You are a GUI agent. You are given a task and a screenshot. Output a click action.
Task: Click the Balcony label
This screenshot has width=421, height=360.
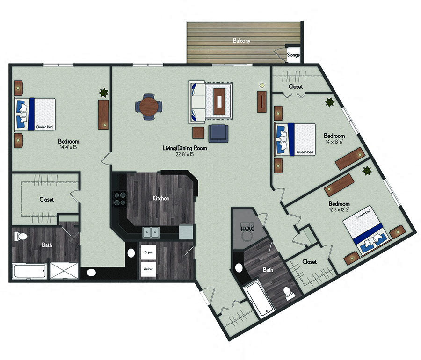tap(242, 41)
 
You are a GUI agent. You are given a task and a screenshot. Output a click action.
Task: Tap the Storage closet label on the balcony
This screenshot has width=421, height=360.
tap(293, 55)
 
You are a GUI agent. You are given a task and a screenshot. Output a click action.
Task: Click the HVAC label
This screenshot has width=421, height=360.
tap(247, 229)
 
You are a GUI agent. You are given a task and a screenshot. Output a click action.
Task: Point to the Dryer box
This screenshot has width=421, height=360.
tap(148, 252)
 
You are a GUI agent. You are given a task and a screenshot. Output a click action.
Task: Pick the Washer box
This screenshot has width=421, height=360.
tap(148, 269)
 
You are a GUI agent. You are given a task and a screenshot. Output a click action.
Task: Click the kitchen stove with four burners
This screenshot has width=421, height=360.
tap(119, 199)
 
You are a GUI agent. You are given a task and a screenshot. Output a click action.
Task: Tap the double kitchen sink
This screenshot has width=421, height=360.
tap(151, 231)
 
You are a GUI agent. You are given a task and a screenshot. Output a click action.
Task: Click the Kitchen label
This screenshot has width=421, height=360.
tap(161, 198)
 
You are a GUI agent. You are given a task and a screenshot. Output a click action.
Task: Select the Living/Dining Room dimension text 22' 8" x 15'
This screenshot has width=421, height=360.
tap(184, 154)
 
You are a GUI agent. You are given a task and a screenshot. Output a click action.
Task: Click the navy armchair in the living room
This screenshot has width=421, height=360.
tap(218, 133)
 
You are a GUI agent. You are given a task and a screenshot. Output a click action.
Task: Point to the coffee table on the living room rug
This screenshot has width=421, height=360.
tap(219, 101)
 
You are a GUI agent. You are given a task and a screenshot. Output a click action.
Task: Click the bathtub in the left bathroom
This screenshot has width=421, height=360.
tap(29, 271)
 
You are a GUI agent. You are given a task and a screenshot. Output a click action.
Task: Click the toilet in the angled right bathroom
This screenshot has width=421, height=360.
tap(288, 294)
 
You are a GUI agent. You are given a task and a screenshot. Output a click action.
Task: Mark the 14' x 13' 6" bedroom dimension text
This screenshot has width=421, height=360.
tap(334, 144)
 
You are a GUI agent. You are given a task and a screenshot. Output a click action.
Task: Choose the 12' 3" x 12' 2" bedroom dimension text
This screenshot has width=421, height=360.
tap(339, 211)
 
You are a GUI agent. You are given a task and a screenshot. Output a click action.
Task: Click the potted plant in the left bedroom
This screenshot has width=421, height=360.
tap(103, 93)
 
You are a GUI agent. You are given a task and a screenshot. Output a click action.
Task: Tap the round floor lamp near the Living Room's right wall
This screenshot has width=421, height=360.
tap(262, 86)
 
